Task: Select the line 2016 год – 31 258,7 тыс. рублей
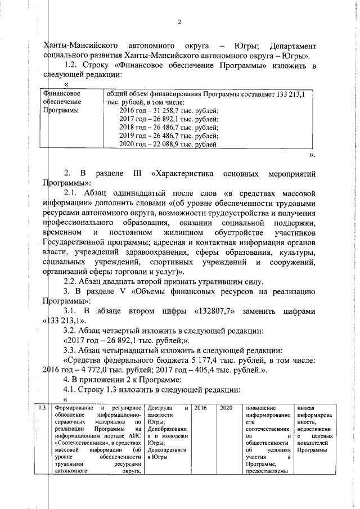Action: [169, 111]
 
